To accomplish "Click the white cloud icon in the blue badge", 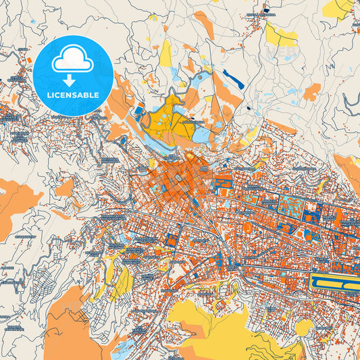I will [x=72, y=61].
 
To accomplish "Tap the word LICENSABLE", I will [x=72, y=95].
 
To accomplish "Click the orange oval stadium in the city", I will [x=247, y=228].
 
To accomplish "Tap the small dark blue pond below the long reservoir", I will [x=248, y=107].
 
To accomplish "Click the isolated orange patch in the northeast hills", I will [x=311, y=92].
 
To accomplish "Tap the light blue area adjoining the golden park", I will [x=201, y=132].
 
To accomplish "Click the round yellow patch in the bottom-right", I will [x=303, y=328].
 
